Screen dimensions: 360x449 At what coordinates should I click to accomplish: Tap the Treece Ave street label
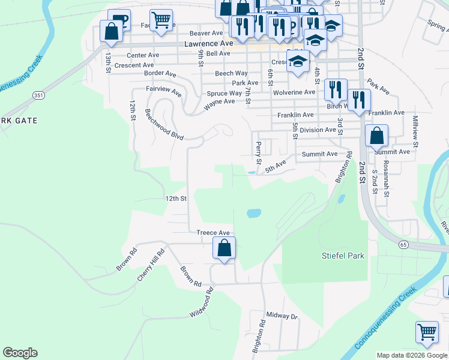point(213,233)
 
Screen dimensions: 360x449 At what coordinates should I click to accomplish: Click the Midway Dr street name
point(282,316)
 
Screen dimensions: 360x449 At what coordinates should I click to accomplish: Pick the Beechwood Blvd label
point(164,124)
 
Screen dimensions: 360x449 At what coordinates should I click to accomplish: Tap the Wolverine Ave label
point(294,92)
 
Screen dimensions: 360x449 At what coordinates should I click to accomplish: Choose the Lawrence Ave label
point(208,44)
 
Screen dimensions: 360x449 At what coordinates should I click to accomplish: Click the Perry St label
point(259,152)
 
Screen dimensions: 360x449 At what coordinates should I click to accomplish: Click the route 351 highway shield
point(38,95)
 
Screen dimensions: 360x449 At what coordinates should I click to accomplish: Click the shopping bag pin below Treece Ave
point(224,248)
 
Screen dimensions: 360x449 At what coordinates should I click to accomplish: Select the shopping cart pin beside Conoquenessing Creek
point(427,332)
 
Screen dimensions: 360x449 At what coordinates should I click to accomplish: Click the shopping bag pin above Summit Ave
point(376,136)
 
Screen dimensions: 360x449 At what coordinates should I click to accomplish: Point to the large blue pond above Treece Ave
point(253,213)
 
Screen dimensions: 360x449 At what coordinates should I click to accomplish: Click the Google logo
point(20,353)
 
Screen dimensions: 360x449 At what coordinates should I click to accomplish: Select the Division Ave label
point(318,130)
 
